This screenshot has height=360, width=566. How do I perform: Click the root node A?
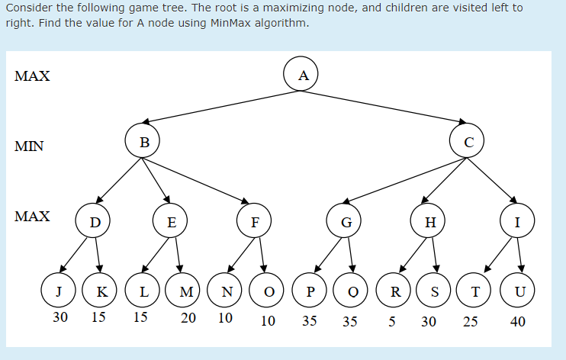[304, 75]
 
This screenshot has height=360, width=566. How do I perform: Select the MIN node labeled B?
[144, 140]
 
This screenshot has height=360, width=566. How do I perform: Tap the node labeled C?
[468, 141]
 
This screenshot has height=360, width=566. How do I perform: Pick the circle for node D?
[95, 223]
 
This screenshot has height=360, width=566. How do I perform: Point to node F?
[255, 223]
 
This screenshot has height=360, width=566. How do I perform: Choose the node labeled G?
[346, 223]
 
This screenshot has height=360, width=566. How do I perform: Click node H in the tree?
[430, 223]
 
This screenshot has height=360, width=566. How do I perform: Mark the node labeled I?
[518, 223]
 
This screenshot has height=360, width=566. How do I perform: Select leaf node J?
[59, 292]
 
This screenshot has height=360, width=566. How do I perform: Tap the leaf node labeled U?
[518, 292]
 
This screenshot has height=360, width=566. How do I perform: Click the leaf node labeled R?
[395, 292]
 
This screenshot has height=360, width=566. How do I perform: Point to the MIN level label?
[29, 146]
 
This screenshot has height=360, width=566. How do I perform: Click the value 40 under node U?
[517, 322]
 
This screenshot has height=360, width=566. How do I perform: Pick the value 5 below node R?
[391, 322]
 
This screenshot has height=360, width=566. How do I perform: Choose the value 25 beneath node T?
[470, 322]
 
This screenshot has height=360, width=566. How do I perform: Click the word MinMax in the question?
[209, 22]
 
